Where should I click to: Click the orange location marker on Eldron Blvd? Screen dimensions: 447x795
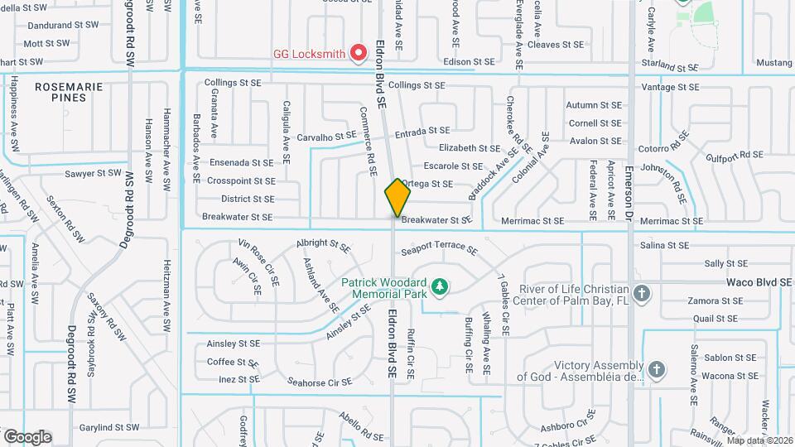coord(397,197)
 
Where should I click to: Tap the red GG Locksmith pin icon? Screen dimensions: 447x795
coord(359,54)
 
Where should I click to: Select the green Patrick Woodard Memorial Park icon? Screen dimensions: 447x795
coord(441,286)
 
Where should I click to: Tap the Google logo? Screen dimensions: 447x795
coord(27,436)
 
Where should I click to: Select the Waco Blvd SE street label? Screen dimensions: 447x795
coord(759,282)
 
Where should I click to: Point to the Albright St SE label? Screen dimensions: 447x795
coord(323,246)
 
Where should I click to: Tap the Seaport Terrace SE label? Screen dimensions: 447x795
coord(439,249)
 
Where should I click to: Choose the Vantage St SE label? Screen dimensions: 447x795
coord(670,87)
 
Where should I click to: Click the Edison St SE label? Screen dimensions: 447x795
coord(468,62)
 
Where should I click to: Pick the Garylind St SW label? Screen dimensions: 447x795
coord(108,428)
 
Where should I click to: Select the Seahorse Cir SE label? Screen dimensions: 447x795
coord(320,382)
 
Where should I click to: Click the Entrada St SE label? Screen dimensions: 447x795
coord(422,132)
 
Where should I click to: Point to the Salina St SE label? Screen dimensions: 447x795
coord(665,246)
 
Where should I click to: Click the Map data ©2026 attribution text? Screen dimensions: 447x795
coord(759,440)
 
